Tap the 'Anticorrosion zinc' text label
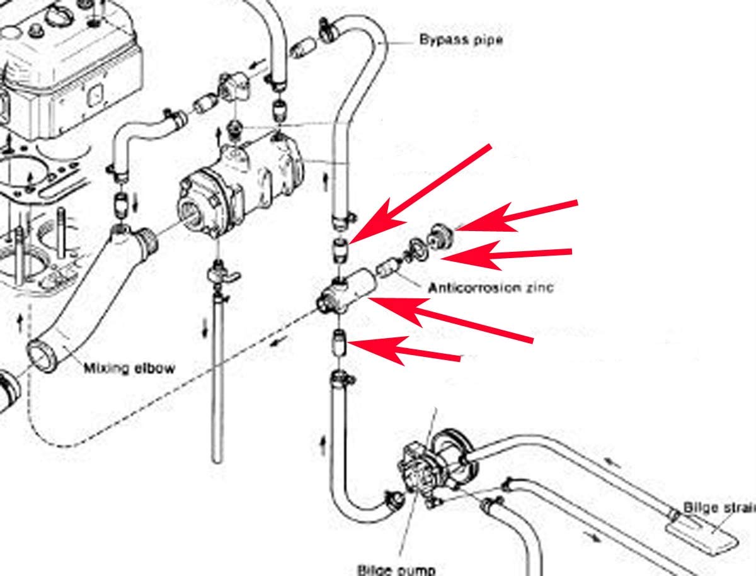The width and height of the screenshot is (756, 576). [x=491, y=288]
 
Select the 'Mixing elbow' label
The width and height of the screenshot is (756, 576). [x=129, y=368]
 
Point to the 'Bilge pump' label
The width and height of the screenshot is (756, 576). [x=396, y=569]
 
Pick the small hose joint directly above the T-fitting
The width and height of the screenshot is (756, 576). [x=340, y=251]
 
